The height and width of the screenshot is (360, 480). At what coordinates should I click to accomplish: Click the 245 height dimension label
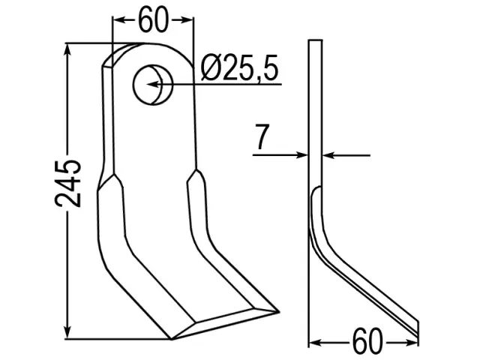[68, 183]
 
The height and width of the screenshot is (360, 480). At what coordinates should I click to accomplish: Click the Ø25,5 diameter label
[239, 68]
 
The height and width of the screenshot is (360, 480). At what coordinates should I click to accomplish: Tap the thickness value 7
[262, 136]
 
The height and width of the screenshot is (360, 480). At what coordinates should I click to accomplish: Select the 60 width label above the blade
[153, 20]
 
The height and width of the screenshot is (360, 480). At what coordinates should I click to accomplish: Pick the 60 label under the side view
[367, 341]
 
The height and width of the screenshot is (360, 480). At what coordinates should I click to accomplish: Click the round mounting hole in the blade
[153, 85]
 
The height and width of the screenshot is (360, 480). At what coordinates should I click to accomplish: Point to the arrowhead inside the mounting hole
[153, 84]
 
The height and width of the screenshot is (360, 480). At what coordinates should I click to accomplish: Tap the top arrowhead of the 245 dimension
[67, 50]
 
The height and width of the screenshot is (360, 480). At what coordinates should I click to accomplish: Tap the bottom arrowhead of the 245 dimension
[67, 332]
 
